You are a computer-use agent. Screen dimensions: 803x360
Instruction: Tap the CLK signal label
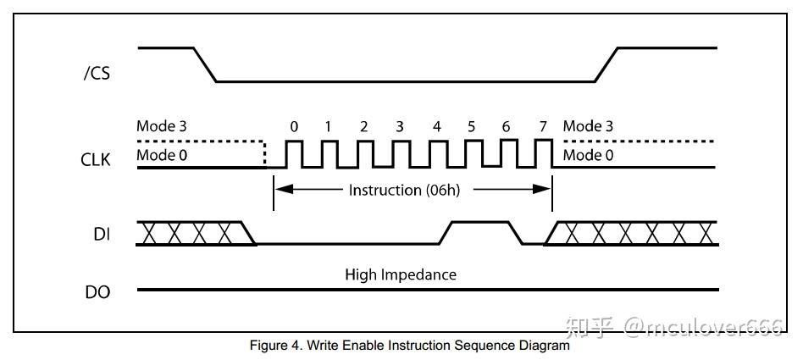click(95, 160)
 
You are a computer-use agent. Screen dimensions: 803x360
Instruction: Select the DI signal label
click(102, 234)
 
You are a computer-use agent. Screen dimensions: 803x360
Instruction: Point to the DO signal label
click(97, 292)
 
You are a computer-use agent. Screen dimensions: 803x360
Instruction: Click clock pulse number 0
click(294, 153)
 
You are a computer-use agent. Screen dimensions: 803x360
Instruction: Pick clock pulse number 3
click(400, 153)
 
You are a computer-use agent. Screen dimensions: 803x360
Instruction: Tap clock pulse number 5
click(473, 153)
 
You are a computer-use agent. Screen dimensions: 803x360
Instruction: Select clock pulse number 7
click(543, 153)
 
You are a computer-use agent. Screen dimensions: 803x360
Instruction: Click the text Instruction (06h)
click(404, 190)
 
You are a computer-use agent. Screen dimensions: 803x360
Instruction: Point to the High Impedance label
click(401, 274)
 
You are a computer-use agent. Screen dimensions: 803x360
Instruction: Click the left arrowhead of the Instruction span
click(285, 190)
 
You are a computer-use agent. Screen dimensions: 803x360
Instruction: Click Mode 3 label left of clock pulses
click(161, 126)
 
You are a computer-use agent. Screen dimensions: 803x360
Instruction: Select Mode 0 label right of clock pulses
click(588, 155)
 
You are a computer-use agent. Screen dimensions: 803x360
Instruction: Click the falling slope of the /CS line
click(205, 64)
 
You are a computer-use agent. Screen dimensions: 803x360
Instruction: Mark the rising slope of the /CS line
click(606, 64)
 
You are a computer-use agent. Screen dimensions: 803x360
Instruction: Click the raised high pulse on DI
click(480, 222)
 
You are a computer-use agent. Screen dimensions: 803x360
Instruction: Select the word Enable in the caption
click(363, 345)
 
